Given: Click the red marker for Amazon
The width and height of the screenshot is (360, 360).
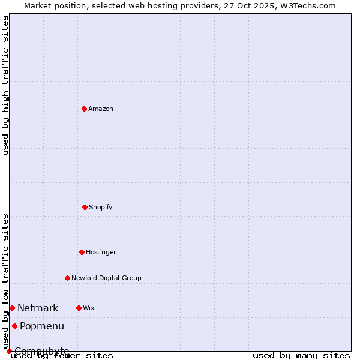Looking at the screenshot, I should (x=84, y=109).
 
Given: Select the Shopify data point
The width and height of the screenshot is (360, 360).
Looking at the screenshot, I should (x=85, y=207).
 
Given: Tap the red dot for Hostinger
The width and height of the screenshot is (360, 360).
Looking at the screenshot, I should (x=82, y=252).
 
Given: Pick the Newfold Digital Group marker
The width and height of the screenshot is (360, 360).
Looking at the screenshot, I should (x=67, y=278).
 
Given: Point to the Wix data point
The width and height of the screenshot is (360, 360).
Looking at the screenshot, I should (x=79, y=308).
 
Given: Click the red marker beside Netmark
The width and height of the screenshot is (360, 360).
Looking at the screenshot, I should (x=12, y=308).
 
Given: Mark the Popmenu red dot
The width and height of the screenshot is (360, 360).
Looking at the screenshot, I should (x=14, y=326).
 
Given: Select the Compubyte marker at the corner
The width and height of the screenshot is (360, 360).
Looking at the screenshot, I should (x=9, y=351).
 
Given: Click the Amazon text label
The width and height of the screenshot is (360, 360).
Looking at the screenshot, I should (x=101, y=109).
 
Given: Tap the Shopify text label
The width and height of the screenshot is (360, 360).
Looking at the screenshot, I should (x=101, y=207).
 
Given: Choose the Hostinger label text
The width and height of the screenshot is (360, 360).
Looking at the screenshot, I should (x=101, y=252).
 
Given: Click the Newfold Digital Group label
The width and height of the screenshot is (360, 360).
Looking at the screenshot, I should (x=106, y=278).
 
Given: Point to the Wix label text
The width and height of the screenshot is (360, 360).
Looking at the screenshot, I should (x=89, y=308).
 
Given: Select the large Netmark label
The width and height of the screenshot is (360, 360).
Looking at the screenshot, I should (x=38, y=308).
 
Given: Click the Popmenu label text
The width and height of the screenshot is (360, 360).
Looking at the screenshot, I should (x=42, y=326).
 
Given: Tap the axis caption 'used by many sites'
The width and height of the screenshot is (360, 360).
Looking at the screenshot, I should (x=301, y=355).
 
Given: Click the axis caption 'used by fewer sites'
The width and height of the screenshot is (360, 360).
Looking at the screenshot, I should (x=62, y=355).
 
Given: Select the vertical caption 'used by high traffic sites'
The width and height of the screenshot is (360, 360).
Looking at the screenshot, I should (x=5, y=85).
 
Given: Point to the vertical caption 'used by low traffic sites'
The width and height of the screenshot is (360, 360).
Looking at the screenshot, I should (x=5, y=281).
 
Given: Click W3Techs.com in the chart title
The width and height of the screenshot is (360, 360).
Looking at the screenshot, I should (x=307, y=5).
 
